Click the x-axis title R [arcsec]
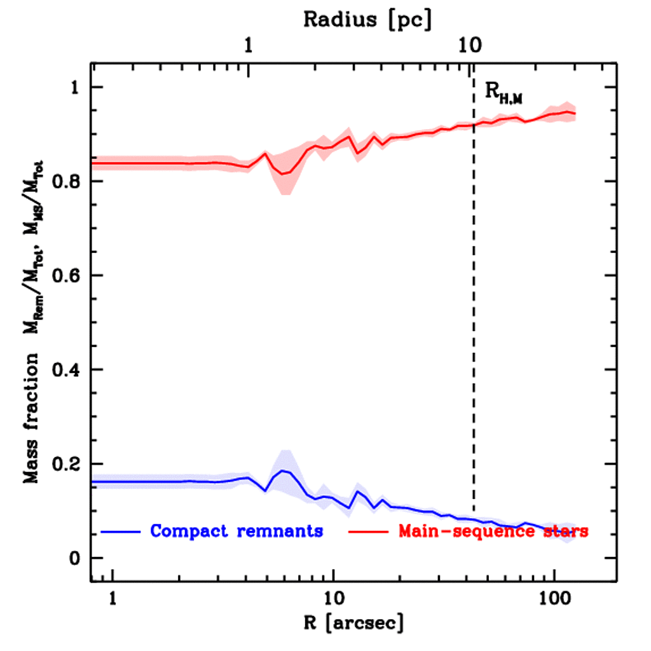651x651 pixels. pyautogui.click(x=353, y=622)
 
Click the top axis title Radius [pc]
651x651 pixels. pyautogui.click(x=367, y=20)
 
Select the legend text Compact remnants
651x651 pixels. pyautogui.click(x=236, y=530)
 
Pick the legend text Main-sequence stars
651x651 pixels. pyautogui.click(x=493, y=530)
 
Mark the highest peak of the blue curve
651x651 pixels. pyautogui.click(x=284, y=470)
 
